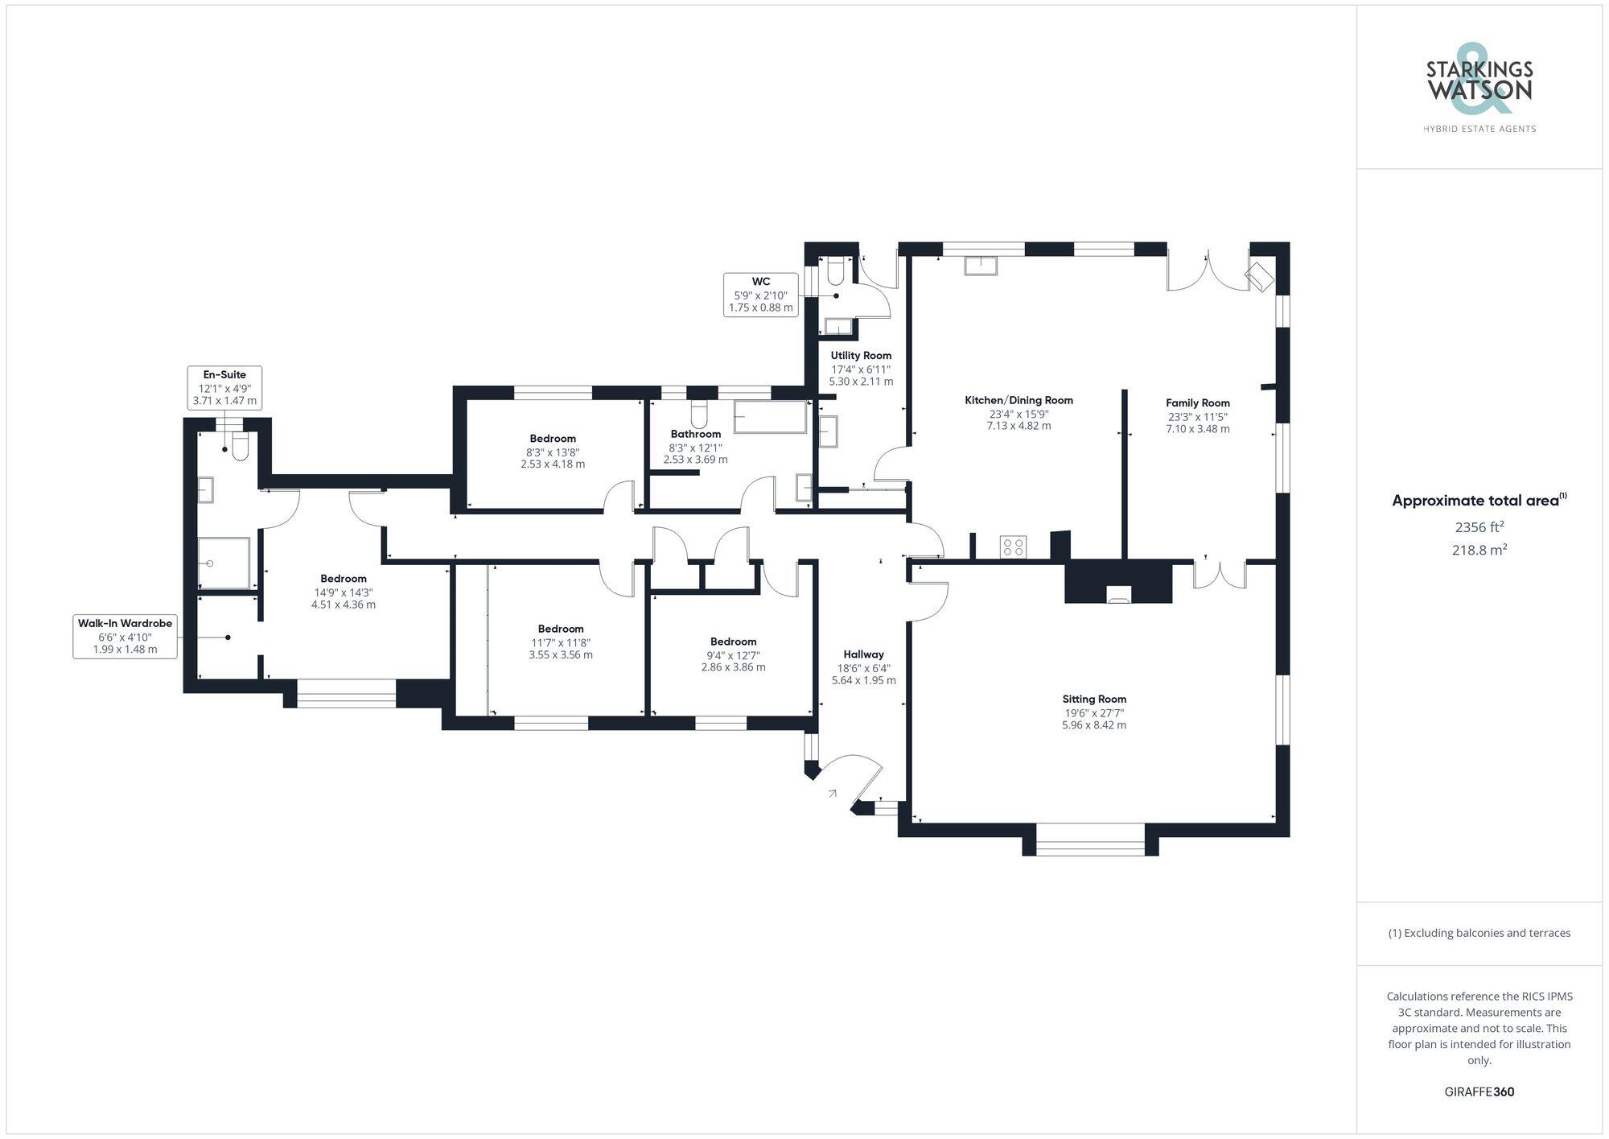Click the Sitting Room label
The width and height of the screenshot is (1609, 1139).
point(1094,699)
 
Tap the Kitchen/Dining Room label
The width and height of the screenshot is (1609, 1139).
point(1018,400)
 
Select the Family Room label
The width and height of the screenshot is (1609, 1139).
point(1198,403)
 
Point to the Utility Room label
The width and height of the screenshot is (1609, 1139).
point(861,356)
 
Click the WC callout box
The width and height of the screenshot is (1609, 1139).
point(760,294)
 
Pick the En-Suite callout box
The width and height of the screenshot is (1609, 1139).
point(224,387)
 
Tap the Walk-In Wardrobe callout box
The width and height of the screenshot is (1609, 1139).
point(125,636)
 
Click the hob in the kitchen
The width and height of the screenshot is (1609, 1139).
point(1013,547)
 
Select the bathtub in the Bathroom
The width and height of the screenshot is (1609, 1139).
point(770,416)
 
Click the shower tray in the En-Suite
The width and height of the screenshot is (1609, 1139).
point(224,563)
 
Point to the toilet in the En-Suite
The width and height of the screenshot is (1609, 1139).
point(240,448)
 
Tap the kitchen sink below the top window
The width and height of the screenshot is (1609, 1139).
point(981,265)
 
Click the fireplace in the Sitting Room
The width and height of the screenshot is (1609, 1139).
point(1119,595)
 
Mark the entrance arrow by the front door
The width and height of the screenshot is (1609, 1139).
point(832,794)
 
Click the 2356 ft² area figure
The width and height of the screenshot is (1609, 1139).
point(1479,527)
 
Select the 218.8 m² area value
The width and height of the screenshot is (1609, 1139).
point(1479,550)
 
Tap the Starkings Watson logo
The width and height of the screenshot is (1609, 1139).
point(1479,89)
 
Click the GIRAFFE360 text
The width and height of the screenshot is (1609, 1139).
point(1479,1092)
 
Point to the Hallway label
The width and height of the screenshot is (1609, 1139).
point(863,654)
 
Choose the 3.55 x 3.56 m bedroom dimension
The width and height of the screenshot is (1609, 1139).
point(561,655)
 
